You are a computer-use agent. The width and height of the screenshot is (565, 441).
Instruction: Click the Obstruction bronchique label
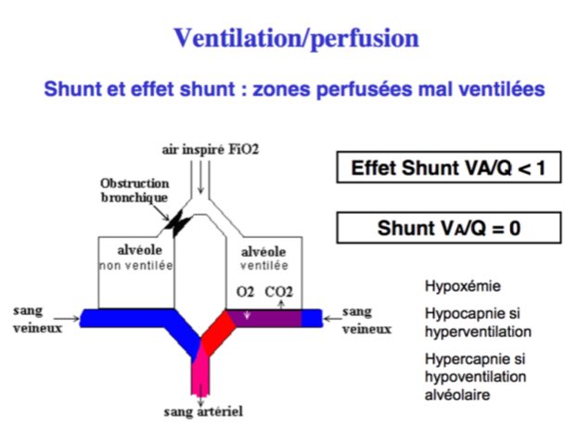coord(137,191)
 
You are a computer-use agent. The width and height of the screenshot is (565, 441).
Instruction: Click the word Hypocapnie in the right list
coord(458,315)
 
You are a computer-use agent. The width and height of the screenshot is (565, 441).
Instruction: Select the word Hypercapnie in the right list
coord(460,360)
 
